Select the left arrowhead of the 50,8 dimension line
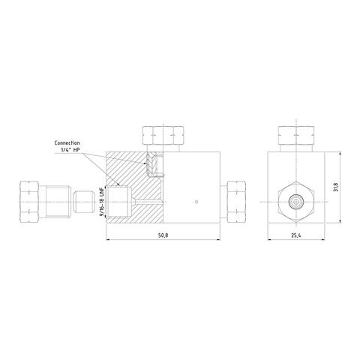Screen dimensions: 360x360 pyautogui.click(x=108, y=240)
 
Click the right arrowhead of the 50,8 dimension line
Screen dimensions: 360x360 pyautogui.click(x=219, y=240)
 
